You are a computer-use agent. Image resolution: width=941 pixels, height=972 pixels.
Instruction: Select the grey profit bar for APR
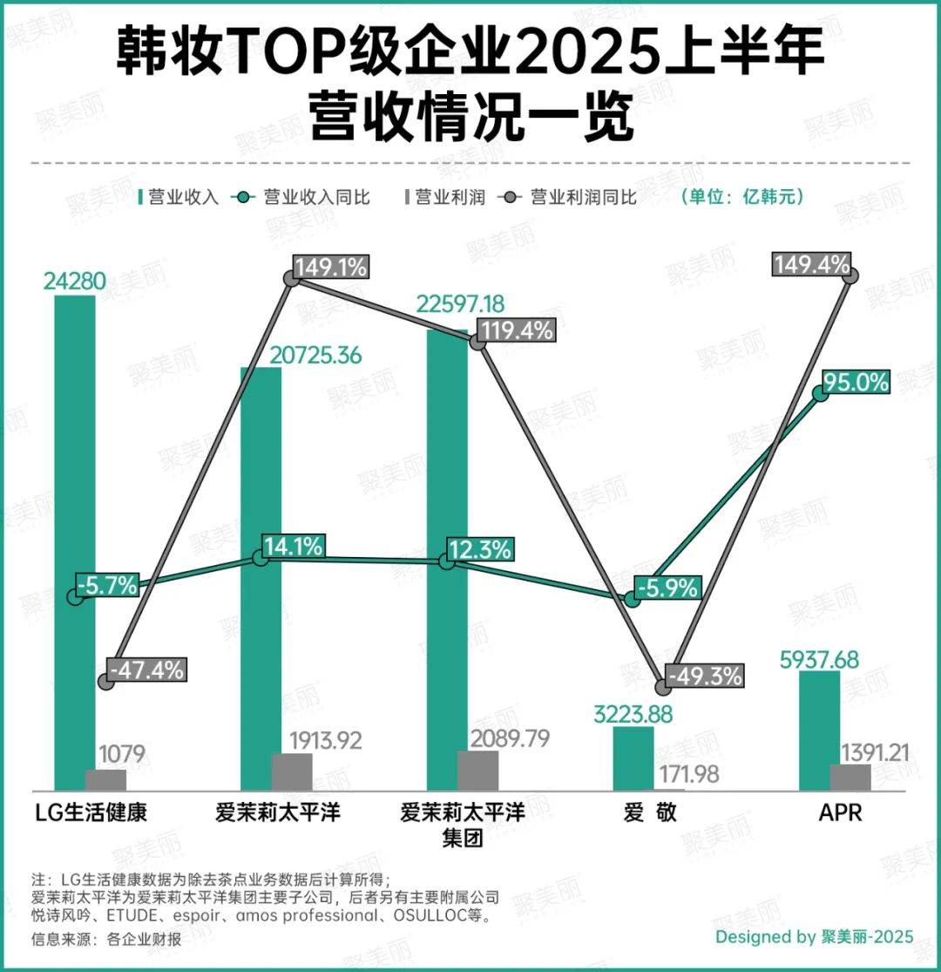(819, 778)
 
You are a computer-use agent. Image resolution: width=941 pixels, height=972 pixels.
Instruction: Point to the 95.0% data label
(856, 382)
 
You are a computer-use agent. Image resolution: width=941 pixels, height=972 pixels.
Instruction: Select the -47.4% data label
(147, 670)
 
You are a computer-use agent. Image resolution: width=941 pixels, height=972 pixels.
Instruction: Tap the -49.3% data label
(705, 675)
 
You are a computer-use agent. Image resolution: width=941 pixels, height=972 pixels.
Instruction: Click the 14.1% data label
(293, 547)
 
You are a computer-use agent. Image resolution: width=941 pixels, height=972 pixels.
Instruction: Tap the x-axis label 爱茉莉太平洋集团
(463, 826)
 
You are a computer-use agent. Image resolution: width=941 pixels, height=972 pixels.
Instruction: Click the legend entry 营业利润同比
(572, 197)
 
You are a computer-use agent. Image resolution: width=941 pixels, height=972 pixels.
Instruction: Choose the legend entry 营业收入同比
(306, 197)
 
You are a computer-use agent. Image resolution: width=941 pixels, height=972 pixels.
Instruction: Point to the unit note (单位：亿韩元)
(742, 197)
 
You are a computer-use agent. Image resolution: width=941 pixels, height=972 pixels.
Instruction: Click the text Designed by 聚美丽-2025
(815, 937)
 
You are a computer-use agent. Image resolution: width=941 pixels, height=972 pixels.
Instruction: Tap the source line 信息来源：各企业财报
(106, 940)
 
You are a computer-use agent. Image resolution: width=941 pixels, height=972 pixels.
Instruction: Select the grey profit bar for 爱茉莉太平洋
(292, 772)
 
